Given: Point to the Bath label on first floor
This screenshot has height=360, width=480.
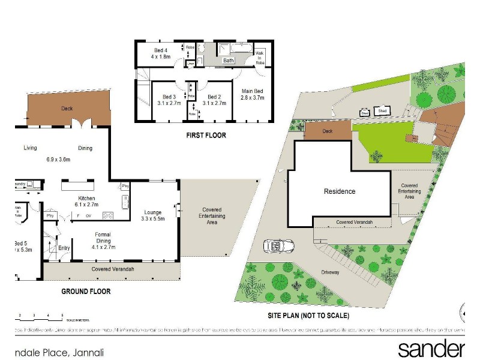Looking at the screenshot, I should tap(229, 61).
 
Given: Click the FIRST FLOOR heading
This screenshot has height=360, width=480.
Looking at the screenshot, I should tap(206, 136).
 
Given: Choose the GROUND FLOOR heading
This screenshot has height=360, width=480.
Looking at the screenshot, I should tap(86, 292).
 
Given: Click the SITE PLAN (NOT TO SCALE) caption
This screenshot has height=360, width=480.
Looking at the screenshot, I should tap(308, 316).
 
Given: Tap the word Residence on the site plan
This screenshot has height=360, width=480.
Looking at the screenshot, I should tap(340, 192).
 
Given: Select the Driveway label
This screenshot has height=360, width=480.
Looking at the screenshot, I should tap(330, 272).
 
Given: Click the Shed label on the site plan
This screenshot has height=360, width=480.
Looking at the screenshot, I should tap(382, 110).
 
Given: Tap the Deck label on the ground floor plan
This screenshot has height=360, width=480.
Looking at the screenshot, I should tap(67, 109).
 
